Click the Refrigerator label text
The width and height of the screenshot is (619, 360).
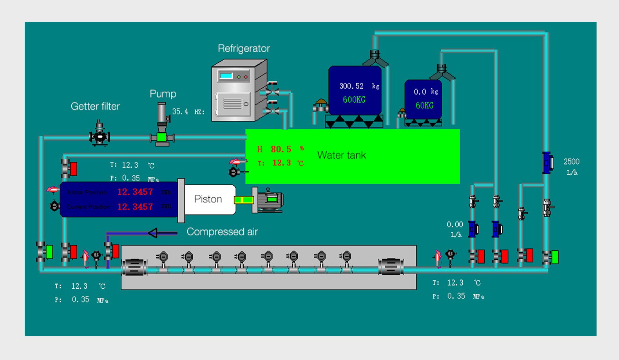click(x=244, y=49)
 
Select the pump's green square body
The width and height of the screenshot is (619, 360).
click(x=161, y=137)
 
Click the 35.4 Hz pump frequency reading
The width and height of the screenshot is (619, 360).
click(x=181, y=112)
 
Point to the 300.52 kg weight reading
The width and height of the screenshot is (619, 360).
click(x=351, y=86)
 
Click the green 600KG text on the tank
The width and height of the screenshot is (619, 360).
click(x=354, y=100)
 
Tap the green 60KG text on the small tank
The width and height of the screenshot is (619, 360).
click(x=424, y=105)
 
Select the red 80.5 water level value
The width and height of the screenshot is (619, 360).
click(x=281, y=149)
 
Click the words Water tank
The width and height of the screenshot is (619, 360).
click(x=342, y=155)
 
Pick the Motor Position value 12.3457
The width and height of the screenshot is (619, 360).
click(x=135, y=192)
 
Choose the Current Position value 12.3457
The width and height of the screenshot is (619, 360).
click(x=135, y=207)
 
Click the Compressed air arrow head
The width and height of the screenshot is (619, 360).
click(x=153, y=233)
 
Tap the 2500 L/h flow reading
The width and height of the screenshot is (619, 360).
click(x=571, y=162)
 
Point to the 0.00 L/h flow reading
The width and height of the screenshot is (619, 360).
click(x=455, y=224)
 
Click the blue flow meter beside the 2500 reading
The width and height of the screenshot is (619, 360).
click(x=547, y=163)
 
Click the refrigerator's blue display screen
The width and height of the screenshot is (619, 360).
click(x=226, y=76)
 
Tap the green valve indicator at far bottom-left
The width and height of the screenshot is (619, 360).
click(x=49, y=252)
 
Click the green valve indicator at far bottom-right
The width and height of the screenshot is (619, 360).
click(x=554, y=257)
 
